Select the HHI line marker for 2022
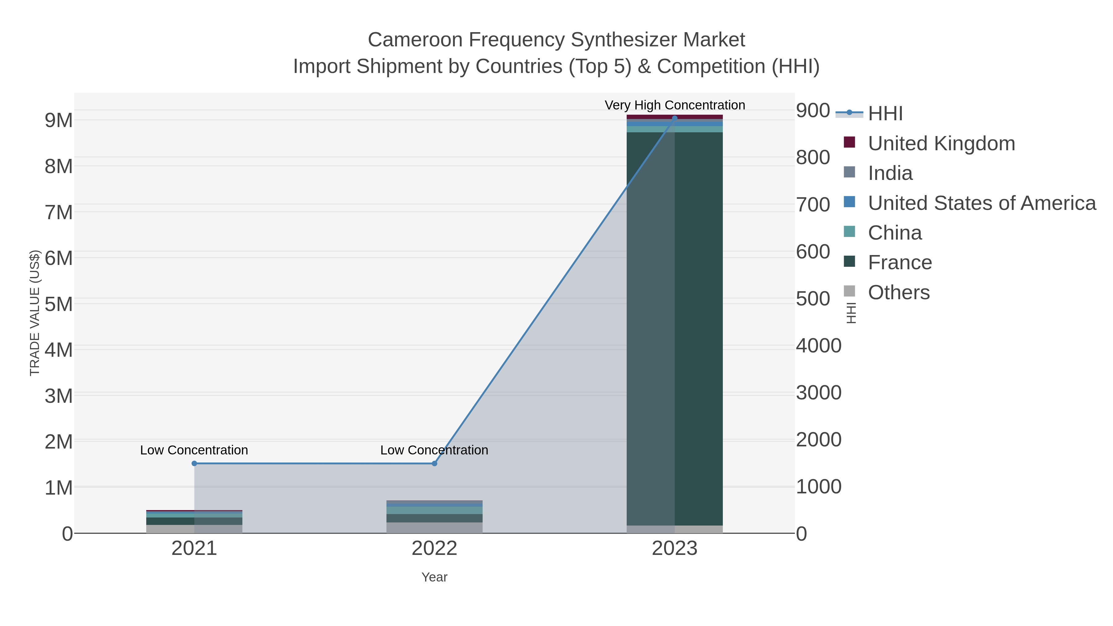(x=434, y=464)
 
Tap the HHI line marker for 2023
(x=675, y=118)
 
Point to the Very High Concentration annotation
(x=675, y=105)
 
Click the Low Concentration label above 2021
(x=194, y=450)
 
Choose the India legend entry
(x=890, y=173)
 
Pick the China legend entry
(x=894, y=233)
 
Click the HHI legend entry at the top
(x=885, y=114)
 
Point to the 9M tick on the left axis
(x=59, y=121)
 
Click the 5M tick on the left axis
(x=59, y=304)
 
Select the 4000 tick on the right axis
(x=818, y=346)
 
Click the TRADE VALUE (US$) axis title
(x=35, y=313)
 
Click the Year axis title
(x=434, y=577)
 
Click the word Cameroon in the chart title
(x=415, y=40)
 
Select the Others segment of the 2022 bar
(x=434, y=527)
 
